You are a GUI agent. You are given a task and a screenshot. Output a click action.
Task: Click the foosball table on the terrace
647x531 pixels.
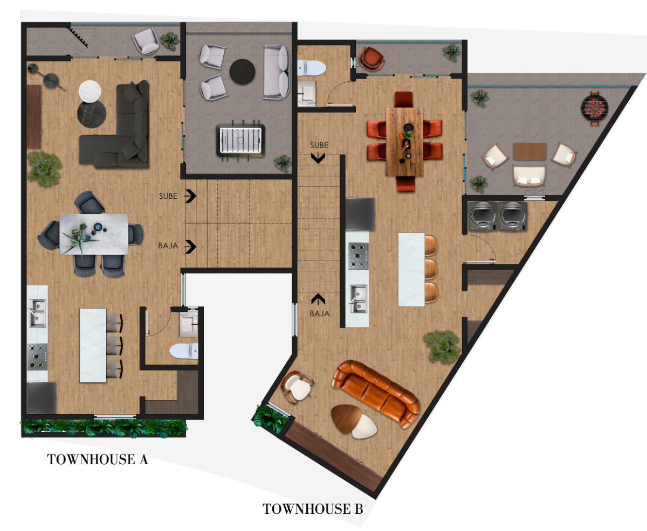tap(240, 141)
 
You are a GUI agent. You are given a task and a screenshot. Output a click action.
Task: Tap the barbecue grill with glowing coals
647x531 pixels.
tap(594, 108)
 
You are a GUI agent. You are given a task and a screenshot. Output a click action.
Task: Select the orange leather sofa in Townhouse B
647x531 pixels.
tap(375, 394)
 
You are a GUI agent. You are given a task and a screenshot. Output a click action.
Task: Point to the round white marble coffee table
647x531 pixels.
tap(90, 92)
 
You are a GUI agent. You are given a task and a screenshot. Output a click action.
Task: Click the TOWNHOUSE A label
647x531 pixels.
tap(98, 459)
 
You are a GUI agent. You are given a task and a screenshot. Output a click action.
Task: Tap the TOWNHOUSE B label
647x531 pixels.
tap(313, 509)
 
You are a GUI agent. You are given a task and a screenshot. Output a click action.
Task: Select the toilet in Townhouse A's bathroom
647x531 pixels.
tap(183, 351)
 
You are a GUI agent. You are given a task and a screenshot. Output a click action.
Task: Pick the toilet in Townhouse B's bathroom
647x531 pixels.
tap(311, 68)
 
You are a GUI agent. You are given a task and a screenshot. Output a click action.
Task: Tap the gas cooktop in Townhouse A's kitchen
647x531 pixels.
tap(37, 357)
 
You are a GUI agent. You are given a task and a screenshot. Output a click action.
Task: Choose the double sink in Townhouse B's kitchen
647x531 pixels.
tap(359, 299)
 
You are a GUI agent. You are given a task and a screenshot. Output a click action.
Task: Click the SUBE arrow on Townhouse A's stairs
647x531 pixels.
tap(190, 196)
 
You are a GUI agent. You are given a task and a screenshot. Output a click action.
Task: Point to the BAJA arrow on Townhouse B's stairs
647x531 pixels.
tap(318, 299)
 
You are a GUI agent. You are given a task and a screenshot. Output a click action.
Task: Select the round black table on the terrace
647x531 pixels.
tap(243, 72)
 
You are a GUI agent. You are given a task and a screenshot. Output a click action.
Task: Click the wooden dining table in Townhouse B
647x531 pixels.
tap(404, 142)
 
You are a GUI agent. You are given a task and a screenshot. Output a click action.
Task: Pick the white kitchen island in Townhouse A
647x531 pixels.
tap(93, 345)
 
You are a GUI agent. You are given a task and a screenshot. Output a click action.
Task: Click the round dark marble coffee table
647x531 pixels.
tap(92, 114)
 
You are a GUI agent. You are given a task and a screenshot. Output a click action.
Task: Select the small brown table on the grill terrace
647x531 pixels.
tap(530, 151)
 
